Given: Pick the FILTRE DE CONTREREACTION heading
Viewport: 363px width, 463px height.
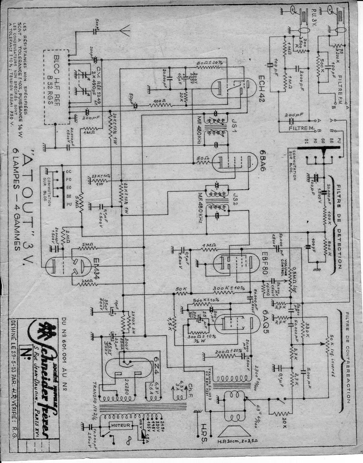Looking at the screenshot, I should click(347, 358).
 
